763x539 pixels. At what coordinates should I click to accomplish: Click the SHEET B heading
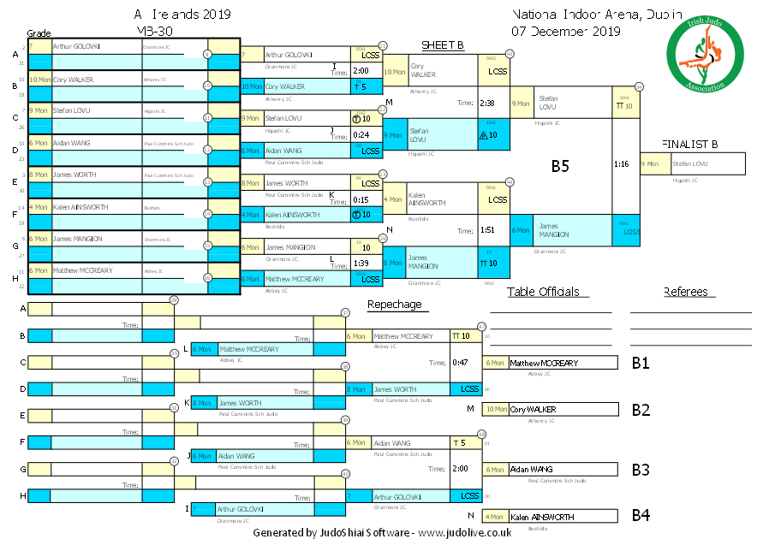pos(443,45)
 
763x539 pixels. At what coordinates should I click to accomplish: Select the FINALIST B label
pos(689,144)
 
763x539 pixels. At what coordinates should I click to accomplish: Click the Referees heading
pos(685,292)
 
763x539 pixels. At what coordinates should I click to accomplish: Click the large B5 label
pos(560,167)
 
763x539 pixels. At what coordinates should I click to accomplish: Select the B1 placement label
pos(641,363)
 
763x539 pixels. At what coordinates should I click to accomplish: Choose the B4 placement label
pos(641,516)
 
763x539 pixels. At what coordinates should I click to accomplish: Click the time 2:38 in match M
pos(488,103)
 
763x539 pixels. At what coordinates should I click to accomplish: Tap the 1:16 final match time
pos(623,163)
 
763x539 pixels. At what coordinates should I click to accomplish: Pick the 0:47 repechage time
pos(460,363)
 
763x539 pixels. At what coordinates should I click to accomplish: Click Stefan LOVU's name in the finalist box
pos(690,163)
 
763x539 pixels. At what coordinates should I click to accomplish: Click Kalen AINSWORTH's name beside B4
pos(538,517)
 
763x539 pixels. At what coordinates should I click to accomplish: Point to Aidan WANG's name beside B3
pos(531,470)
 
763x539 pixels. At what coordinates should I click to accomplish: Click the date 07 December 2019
pos(566,32)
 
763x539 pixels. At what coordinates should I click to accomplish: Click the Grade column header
pos(39,33)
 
